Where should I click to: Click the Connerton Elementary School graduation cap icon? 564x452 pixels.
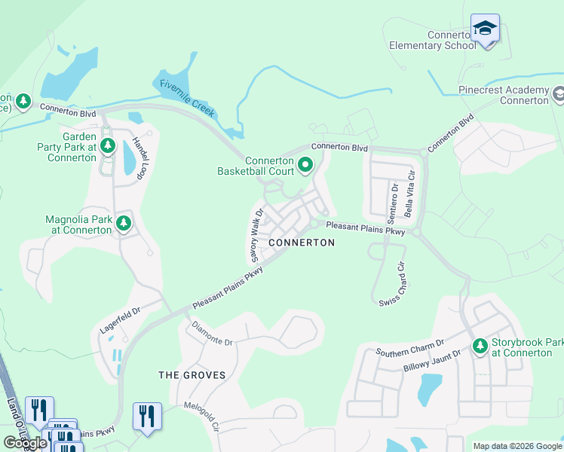coord(485,29)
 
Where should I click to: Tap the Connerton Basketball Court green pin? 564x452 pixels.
coord(305,163)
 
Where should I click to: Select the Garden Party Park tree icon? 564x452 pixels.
coord(107,144)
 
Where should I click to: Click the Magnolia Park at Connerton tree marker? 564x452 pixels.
coord(124,223)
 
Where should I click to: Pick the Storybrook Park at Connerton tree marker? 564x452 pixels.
coord(479,346)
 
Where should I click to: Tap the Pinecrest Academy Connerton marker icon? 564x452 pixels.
coord(558,95)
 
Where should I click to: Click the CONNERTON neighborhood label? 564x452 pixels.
coord(302,243)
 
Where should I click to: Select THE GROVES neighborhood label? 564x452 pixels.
coord(192,374)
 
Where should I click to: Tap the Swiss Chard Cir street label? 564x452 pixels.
coord(393,283)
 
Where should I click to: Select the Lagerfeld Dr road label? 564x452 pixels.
coord(120,321)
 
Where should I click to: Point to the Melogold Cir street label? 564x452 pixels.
coord(201,416)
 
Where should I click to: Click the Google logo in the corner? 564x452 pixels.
coord(24,443)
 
